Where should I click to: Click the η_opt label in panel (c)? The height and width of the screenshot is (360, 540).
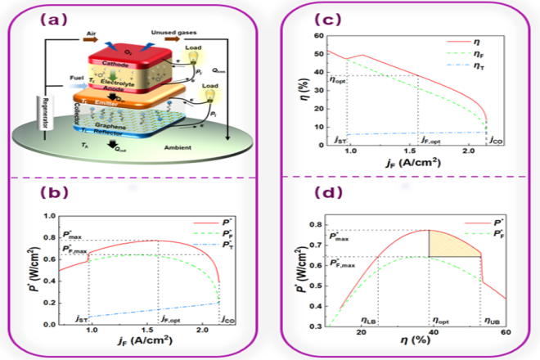(x=337, y=79)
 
